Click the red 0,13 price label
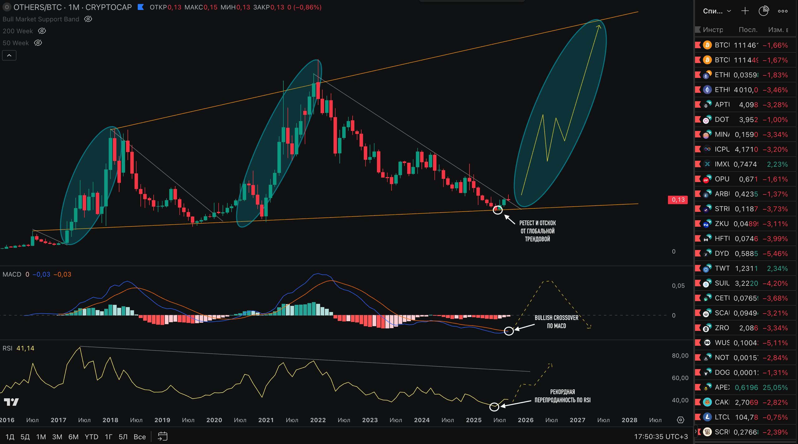coord(678,200)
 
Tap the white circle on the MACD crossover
coord(509,331)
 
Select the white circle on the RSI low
coord(494,407)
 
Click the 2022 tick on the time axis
coord(318,420)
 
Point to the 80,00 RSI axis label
coord(680,356)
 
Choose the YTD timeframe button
coord(91,437)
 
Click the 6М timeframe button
coord(73,437)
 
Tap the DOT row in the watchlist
coord(745,120)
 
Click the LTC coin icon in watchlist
coord(707,417)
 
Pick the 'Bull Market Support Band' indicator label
coord(41,19)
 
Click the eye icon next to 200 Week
coord(42,31)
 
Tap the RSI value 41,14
coord(25,348)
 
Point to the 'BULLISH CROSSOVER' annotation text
coord(556,318)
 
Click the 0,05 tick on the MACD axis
coord(678,286)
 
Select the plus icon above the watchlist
coord(745,11)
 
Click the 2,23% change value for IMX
coord(777,164)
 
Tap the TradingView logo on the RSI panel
coord(11,402)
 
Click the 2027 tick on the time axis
coord(577,420)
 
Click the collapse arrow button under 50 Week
coord(9,55)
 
